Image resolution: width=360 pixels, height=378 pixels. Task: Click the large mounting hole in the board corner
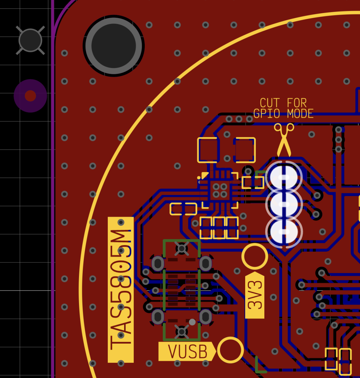[x=114, y=46]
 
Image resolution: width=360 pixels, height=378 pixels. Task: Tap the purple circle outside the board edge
[x=30, y=96]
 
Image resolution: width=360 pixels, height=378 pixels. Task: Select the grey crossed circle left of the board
[x=30, y=41]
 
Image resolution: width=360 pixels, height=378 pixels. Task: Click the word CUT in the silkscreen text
[x=270, y=103]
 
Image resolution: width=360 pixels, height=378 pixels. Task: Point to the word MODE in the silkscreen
[x=300, y=114]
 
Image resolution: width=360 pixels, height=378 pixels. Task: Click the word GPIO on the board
[x=267, y=114]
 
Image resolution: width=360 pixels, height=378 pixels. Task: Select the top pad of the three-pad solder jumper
[x=284, y=178]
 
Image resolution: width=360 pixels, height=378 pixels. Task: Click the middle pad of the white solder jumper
[x=284, y=205]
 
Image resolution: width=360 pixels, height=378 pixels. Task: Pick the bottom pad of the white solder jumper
[x=284, y=232]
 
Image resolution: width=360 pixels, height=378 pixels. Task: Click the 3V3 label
[x=255, y=295]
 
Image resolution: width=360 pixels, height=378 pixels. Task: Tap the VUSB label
[x=187, y=351]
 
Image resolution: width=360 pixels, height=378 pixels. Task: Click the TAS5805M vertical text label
[x=121, y=289]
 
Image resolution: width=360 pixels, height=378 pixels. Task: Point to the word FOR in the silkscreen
[x=297, y=103]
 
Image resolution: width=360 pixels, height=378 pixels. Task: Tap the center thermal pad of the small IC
[x=220, y=190]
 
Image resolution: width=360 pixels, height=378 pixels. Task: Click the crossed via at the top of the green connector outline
[x=182, y=248]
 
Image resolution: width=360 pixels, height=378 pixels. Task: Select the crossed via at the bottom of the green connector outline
[x=182, y=332]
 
